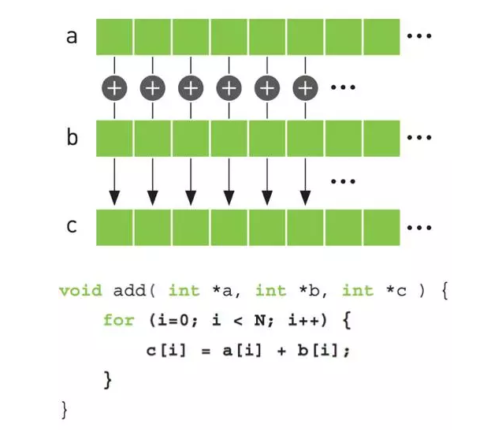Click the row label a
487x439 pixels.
tap(72, 37)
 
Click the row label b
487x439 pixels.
tap(72, 136)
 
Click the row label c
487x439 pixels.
tap(72, 226)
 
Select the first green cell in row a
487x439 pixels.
tap(114, 37)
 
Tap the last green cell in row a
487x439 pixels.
tap(381, 37)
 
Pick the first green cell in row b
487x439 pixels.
tap(114, 138)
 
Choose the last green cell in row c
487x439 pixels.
tap(381, 228)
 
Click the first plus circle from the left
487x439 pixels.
tap(114, 88)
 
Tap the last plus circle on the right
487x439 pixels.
tap(305, 88)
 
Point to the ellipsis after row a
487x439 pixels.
tap(419, 36)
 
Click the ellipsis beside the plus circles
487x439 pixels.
tap(343, 87)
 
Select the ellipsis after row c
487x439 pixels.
tap(419, 228)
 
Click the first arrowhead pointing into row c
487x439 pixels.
tap(114, 198)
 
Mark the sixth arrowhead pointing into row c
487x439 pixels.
tap(305, 198)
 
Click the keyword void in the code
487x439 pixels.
tap(80, 291)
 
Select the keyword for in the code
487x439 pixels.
tap(119, 320)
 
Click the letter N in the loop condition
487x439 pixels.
tap(259, 320)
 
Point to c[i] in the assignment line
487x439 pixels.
tap(166, 351)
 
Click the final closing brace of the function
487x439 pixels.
tap(65, 410)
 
